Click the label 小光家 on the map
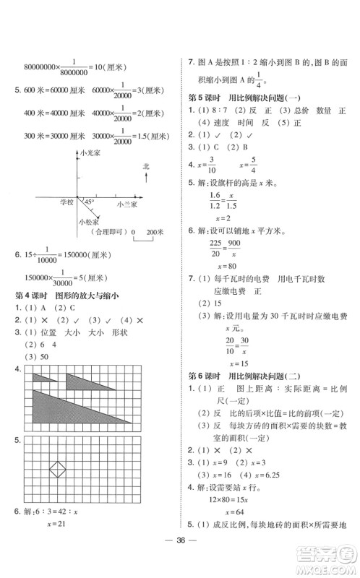tap(91, 154)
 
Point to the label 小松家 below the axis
tap(89, 222)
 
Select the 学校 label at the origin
tap(66, 203)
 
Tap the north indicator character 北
tap(146, 168)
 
